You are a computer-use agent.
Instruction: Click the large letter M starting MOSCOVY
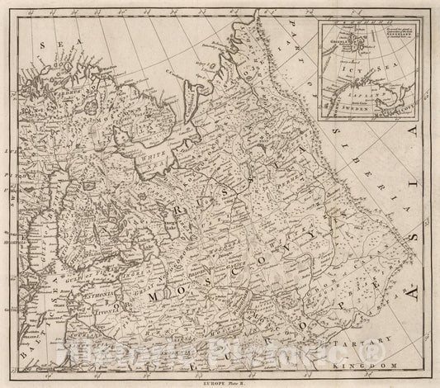pyautogui.click(x=154, y=296)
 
